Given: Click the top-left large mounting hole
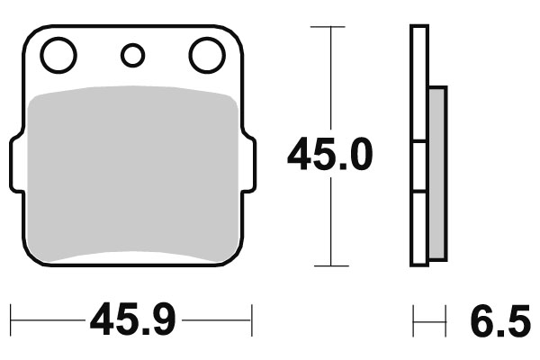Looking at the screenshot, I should pyautogui.click(x=59, y=56).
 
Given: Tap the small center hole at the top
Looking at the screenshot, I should pyautogui.click(x=133, y=56).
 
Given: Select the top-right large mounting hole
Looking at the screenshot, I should pyautogui.click(x=206, y=56).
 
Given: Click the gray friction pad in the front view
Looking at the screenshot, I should pyautogui.click(x=133, y=175).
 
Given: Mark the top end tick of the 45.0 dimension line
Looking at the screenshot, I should pyautogui.click(x=330, y=27).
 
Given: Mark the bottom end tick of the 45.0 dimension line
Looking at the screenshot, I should pyautogui.click(x=330, y=265).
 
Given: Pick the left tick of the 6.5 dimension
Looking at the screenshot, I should pyautogui.click(x=413, y=319).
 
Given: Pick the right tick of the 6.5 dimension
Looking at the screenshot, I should pyautogui.click(x=445, y=319).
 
